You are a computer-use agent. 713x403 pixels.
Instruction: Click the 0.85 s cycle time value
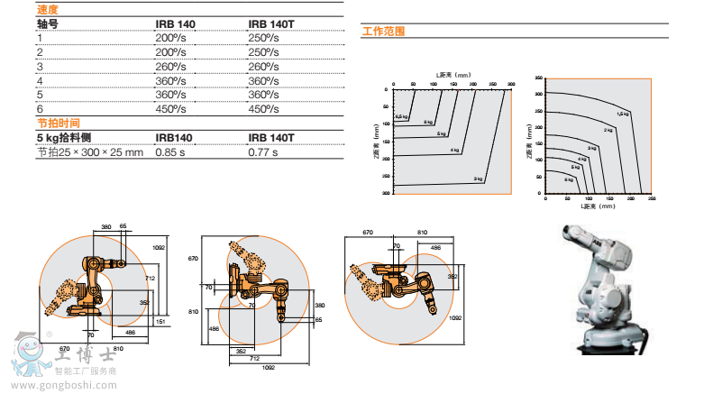(x=171, y=151)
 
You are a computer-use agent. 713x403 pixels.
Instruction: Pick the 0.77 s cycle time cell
(x=263, y=151)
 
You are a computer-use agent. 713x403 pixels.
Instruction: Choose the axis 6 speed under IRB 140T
(x=263, y=109)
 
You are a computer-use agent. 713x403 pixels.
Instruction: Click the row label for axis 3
(x=41, y=66)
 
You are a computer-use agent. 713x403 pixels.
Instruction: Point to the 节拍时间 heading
(x=58, y=123)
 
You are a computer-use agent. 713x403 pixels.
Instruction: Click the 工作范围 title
(x=383, y=31)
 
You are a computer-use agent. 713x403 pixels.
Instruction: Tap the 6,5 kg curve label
(x=402, y=117)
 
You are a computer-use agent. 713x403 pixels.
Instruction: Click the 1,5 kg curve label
(x=622, y=113)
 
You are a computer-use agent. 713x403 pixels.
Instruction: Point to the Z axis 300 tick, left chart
(x=385, y=193)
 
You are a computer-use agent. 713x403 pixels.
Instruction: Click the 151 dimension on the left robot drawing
(x=159, y=321)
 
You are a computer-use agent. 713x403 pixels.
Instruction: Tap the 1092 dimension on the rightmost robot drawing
(x=455, y=317)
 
